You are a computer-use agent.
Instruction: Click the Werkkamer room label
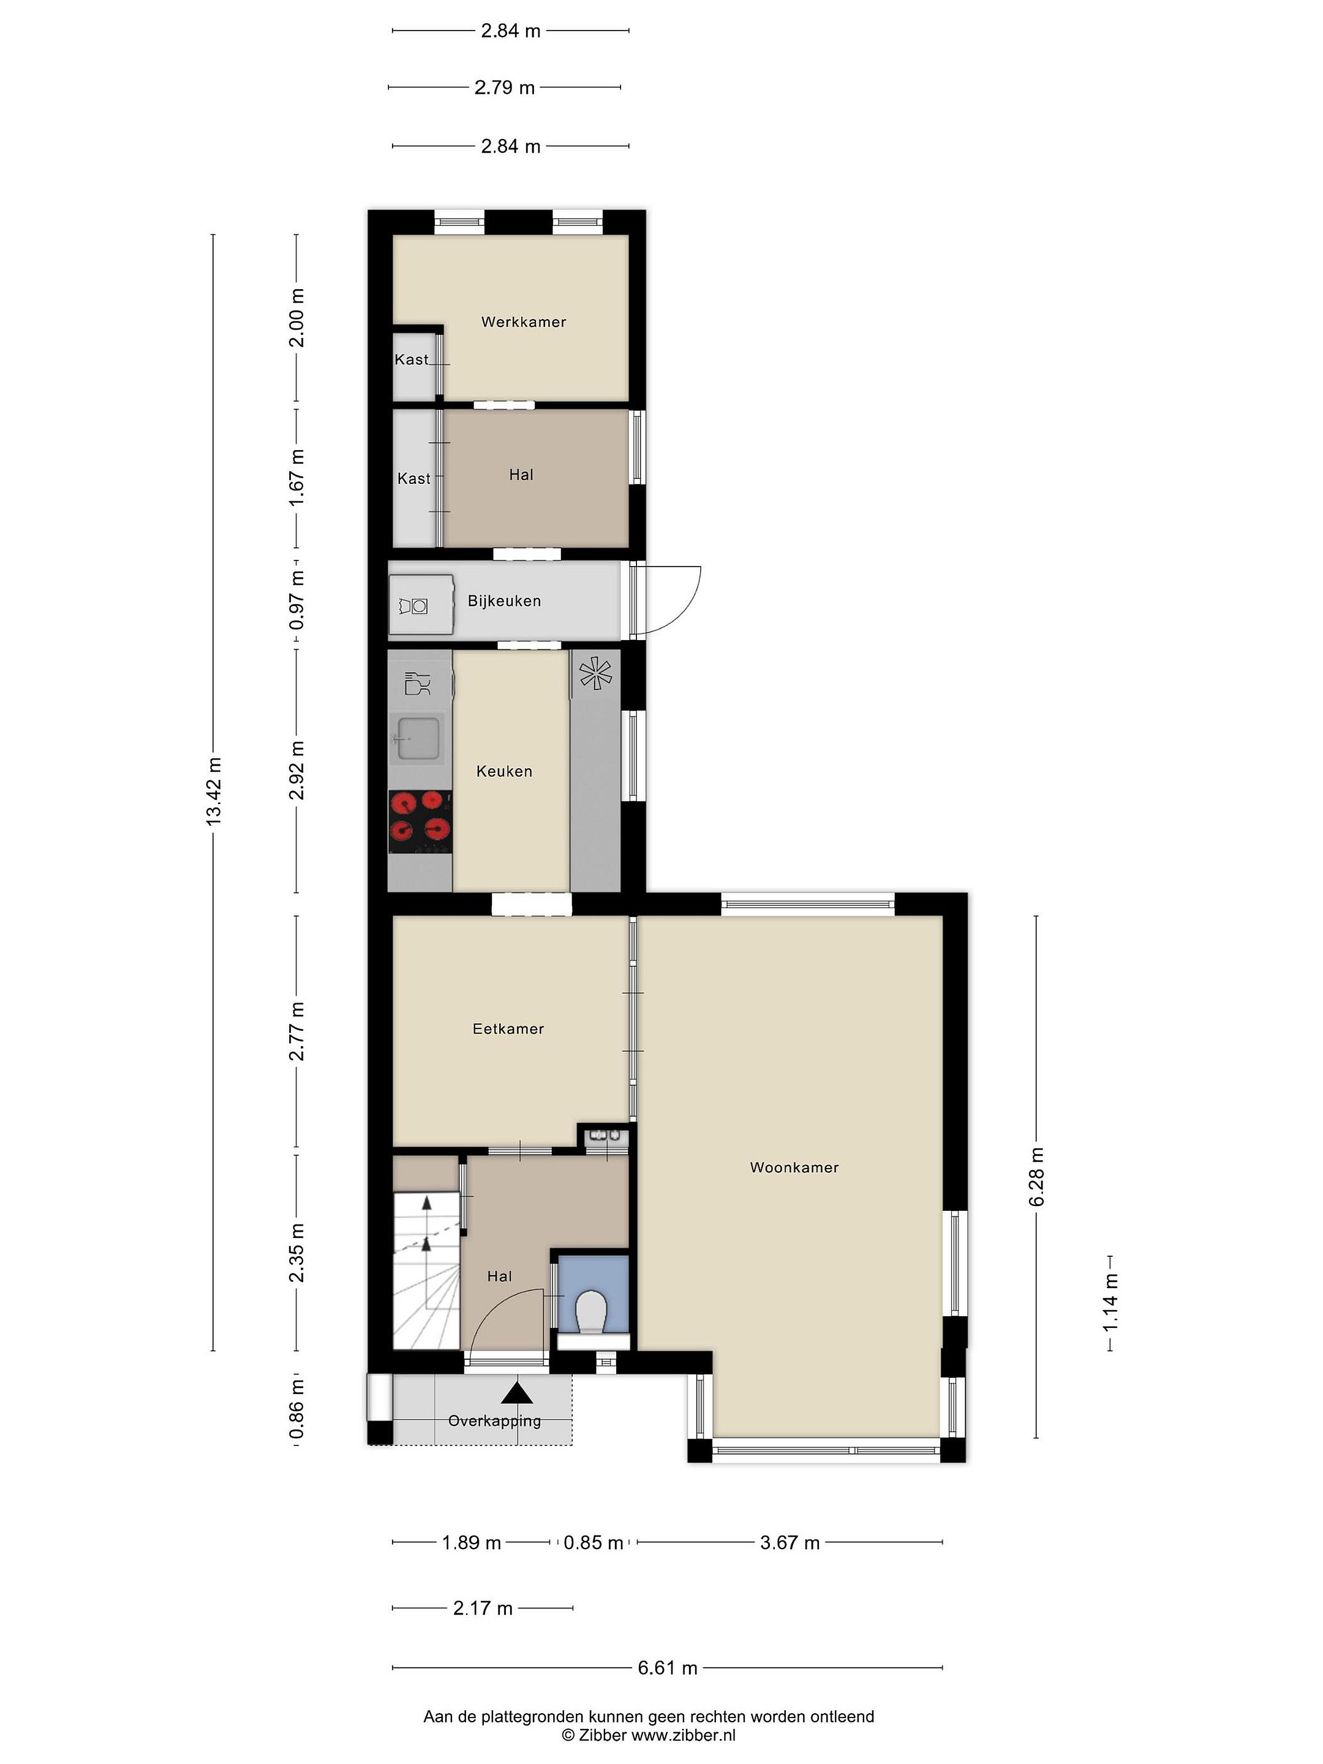click(523, 322)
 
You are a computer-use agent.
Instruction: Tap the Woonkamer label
click(794, 1167)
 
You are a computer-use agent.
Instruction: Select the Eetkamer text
click(508, 1029)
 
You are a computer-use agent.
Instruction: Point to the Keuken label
click(504, 771)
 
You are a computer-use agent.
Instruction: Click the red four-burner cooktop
click(420, 821)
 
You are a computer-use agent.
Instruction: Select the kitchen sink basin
click(418, 739)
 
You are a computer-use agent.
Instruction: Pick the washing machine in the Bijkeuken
click(421, 605)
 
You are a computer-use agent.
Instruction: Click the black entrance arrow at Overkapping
click(518, 1393)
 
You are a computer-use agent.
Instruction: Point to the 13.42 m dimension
click(214, 791)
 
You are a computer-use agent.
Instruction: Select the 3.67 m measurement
click(790, 1542)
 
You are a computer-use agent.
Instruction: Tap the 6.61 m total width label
click(668, 1667)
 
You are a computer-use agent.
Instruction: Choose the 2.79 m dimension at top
click(504, 88)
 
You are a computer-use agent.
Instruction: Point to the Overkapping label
click(494, 1420)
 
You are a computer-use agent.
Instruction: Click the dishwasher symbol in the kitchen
click(418, 684)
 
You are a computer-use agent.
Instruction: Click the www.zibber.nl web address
click(684, 1735)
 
